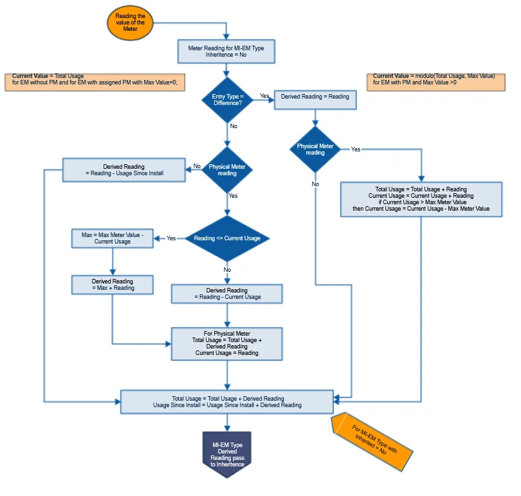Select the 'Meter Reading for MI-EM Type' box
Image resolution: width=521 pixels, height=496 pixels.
(x=226, y=52)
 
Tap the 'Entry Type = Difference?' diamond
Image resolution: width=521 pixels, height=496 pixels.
(x=227, y=100)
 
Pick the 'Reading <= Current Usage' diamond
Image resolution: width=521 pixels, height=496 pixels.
(x=227, y=238)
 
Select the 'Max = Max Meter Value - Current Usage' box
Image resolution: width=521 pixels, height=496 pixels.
(x=113, y=238)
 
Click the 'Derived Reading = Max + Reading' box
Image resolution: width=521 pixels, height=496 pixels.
(x=113, y=285)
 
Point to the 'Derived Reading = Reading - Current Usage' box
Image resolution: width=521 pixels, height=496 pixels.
(x=227, y=294)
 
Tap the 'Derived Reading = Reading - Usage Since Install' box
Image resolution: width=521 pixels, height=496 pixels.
(x=123, y=171)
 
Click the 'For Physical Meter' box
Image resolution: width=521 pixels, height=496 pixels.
(x=226, y=343)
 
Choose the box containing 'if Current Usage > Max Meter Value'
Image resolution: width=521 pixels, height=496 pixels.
(x=421, y=199)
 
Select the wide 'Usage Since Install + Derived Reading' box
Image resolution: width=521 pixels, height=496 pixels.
(x=227, y=402)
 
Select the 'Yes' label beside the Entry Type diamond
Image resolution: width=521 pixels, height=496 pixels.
(x=264, y=96)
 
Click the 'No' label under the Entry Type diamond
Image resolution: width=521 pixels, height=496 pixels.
(x=233, y=126)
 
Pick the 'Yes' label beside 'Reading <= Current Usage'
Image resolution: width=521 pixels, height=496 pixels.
(x=171, y=238)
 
